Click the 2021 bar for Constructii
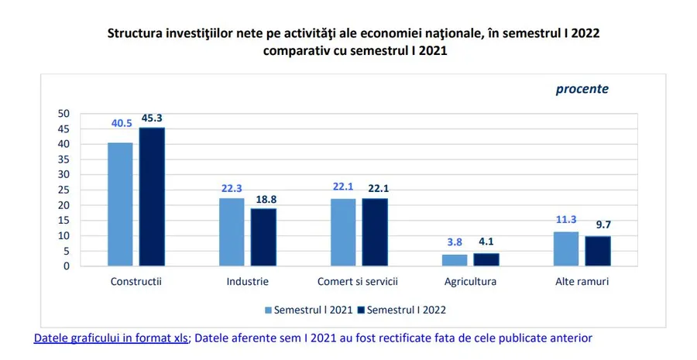[120, 204]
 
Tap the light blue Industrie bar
[232, 232]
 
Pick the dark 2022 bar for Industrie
[263, 237]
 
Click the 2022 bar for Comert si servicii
[375, 232]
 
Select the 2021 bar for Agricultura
[455, 260]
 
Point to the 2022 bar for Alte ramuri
[597, 251]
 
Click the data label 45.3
[152, 118]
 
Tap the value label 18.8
[263, 199]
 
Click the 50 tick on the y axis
[64, 114]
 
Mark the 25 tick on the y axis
[64, 190]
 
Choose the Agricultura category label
[470, 282]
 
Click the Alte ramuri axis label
[581, 282]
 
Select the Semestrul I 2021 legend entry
[308, 310]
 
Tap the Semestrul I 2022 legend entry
[401, 310]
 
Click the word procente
[582, 89]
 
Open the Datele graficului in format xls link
[111, 338]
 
